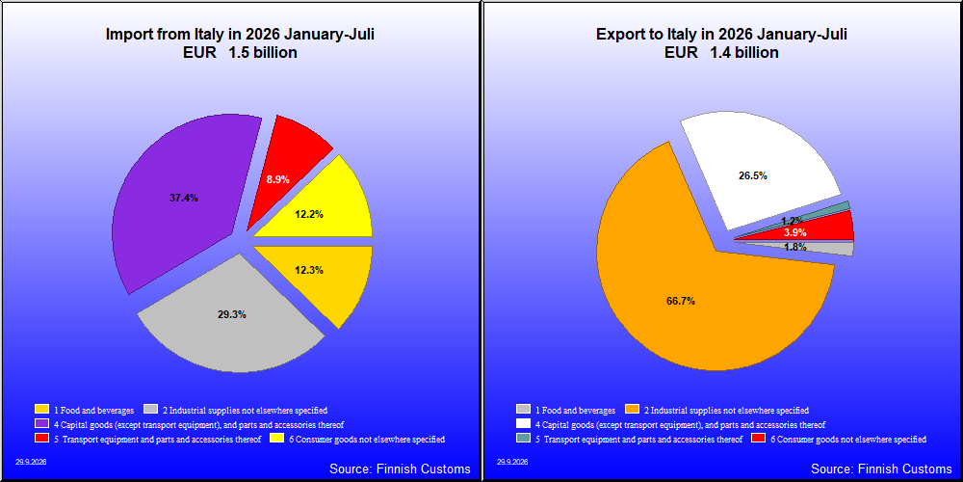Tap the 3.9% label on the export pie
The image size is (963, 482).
click(x=795, y=233)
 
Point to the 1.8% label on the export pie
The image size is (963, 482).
click(x=795, y=247)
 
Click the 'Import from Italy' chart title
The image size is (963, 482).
click(x=240, y=35)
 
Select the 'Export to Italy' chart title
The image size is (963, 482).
click(x=721, y=35)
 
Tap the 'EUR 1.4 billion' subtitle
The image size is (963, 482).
click(x=721, y=53)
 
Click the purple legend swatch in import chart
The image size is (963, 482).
click(x=42, y=424)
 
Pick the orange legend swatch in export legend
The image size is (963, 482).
click(x=632, y=410)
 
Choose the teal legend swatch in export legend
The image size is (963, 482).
click(x=524, y=439)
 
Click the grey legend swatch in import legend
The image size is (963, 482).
click(x=150, y=410)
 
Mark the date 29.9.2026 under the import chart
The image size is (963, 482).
click(x=31, y=461)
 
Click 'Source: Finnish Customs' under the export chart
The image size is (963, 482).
click(x=881, y=469)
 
